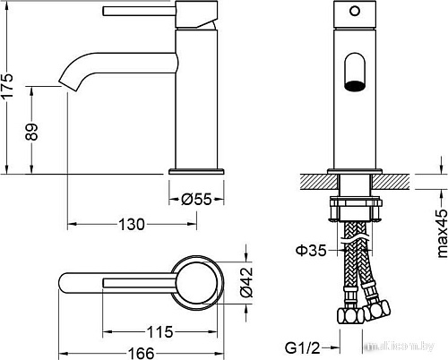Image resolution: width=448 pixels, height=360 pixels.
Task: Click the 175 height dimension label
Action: click(7, 85)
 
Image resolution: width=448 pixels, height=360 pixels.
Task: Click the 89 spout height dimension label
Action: click(31, 132)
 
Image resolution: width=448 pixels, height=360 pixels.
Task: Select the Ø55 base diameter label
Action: click(196, 199)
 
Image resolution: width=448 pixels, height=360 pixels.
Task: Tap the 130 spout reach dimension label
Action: click(132, 224)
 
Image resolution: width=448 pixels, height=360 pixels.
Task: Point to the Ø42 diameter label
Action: click(246, 282)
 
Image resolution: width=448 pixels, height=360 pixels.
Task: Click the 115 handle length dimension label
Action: click(159, 331)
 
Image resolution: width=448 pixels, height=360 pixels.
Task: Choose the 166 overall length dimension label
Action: click(141, 354)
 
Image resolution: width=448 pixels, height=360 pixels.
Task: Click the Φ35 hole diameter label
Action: click(311, 250)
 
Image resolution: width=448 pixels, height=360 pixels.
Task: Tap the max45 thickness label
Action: click(442, 234)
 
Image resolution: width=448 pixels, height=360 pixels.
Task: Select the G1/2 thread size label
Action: click(303, 347)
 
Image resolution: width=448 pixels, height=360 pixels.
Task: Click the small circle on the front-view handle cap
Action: click(355, 12)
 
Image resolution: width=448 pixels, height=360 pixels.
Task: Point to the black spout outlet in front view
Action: click(355, 85)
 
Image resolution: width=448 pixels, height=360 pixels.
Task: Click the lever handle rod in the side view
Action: click(139, 11)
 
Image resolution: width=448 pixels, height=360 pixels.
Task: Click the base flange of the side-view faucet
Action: click(196, 171)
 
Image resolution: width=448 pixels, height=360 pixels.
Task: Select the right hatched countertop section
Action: click(390, 182)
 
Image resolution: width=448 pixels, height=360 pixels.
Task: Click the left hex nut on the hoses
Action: click(350, 315)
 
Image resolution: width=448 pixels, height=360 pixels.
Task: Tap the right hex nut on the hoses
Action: click(377, 311)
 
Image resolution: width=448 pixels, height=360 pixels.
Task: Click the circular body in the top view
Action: click(197, 283)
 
